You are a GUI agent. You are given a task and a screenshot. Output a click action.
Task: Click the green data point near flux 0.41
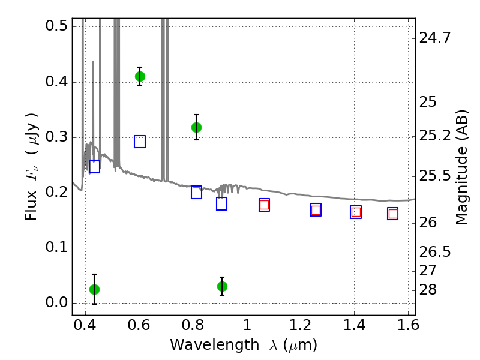pos(140,76)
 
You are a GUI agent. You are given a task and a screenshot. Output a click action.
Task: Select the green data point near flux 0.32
pos(196,127)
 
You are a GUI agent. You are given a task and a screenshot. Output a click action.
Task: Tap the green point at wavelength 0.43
pos(94,289)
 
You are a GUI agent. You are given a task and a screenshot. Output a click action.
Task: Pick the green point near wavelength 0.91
pos(222,286)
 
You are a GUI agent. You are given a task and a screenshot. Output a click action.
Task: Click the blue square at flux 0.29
pos(140,142)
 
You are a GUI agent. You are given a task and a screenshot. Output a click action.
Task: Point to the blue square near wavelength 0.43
pos(94,166)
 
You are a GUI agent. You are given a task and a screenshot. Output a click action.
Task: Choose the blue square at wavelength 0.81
pos(196,192)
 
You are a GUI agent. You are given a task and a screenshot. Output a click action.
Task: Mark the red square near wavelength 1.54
pos(393,214)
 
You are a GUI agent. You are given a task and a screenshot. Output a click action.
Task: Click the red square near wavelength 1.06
pos(264,205)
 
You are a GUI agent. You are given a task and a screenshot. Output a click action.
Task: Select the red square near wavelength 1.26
pos(316,210)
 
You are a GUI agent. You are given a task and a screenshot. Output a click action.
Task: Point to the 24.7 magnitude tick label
pos(436,38)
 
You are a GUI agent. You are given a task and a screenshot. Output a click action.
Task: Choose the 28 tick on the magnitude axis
pos(430,290)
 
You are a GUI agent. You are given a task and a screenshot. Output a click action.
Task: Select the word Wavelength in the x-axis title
pos(204,345)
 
